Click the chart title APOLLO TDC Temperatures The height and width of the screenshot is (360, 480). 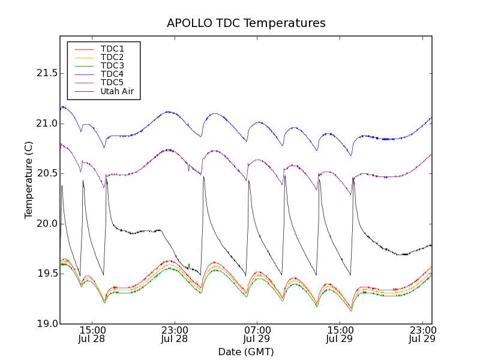pos(246,23)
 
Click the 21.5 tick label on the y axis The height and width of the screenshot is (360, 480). pos(47,73)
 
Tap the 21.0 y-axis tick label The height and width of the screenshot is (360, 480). pos(47,124)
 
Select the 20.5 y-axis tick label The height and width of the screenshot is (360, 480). pos(47,173)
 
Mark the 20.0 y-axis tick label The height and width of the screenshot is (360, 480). pos(47,224)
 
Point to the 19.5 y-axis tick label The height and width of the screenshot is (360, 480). pos(47,274)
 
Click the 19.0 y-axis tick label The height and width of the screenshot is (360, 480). pos(47,324)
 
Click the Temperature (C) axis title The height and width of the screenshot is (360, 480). pos(29,180)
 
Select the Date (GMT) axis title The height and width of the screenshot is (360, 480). pos(246,352)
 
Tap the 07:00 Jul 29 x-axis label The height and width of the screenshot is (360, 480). pos(257,334)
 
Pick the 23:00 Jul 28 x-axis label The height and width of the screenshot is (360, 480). pos(175,334)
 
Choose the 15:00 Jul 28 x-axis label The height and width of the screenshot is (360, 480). pos(92,334)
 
